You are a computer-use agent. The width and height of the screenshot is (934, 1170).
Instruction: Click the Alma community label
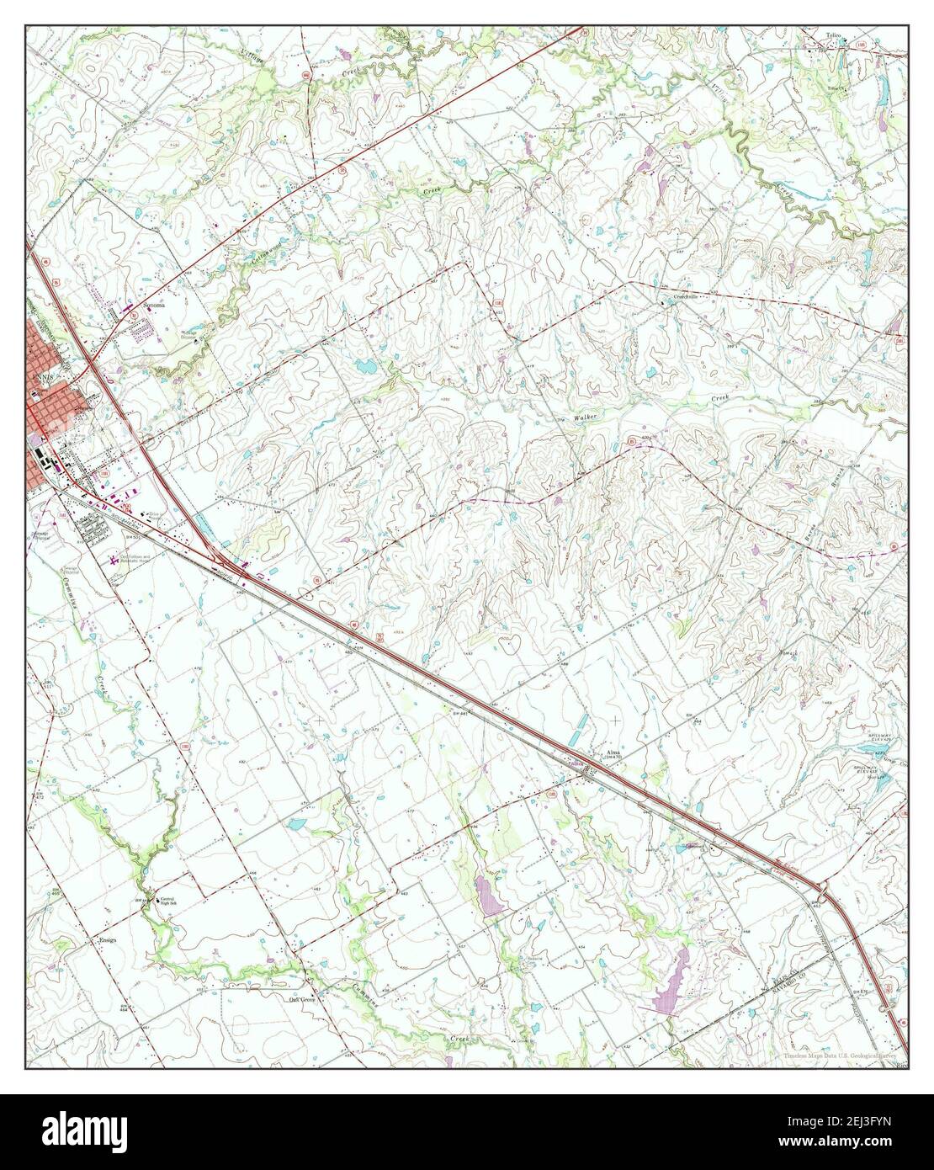[x=613, y=754]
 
